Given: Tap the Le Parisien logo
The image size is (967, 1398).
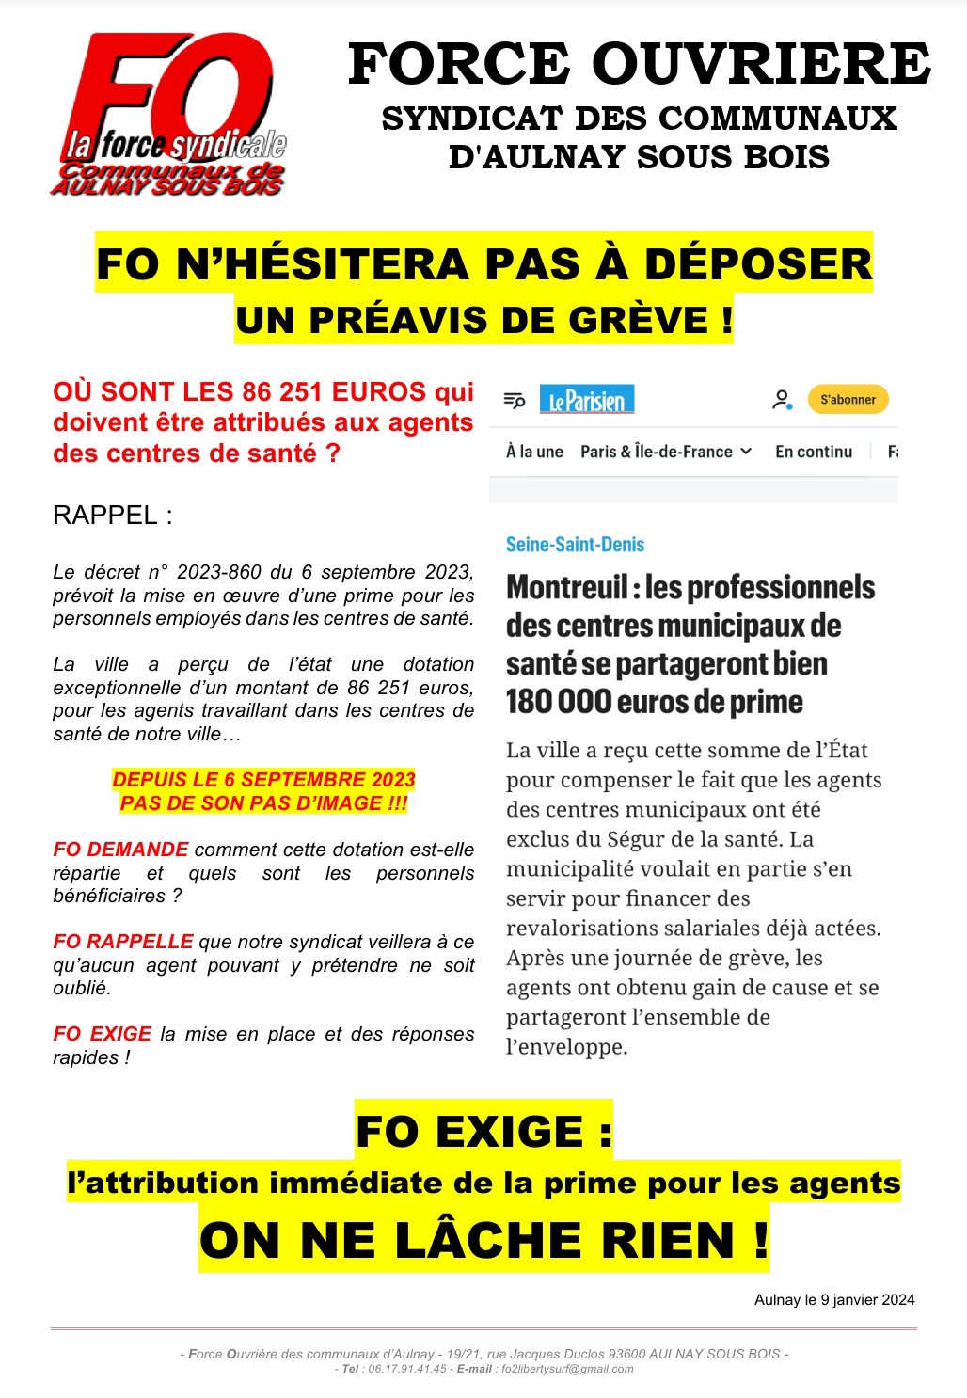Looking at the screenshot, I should tap(587, 400).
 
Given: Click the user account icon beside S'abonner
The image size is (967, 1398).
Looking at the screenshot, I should tap(782, 400).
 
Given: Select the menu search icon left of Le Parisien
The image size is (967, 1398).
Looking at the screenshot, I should tap(515, 400).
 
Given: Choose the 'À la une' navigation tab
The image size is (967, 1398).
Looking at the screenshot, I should tap(534, 452).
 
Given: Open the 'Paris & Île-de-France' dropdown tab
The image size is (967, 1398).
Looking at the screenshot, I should tap(666, 452).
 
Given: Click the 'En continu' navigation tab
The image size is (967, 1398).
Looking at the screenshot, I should tap(814, 452).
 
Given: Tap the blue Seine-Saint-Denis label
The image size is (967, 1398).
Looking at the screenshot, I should tap(575, 545).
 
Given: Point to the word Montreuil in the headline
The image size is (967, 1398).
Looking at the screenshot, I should tap(566, 588).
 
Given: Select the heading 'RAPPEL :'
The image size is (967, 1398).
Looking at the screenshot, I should tap(113, 516).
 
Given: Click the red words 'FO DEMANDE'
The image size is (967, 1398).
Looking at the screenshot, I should tap(120, 850).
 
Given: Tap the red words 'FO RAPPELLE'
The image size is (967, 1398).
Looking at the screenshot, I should tap(122, 942).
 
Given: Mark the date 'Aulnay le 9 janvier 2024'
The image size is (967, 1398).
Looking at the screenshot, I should tap(834, 1300).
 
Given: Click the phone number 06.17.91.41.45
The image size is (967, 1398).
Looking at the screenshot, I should tap(407, 1369).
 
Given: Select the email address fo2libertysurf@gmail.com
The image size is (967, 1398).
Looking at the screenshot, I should tap(567, 1369).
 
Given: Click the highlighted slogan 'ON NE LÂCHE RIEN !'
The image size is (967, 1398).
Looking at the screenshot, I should tap(483, 1240).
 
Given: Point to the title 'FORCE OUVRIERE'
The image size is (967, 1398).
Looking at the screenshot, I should tap(640, 64).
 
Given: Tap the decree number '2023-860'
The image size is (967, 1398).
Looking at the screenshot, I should tap(221, 572).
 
